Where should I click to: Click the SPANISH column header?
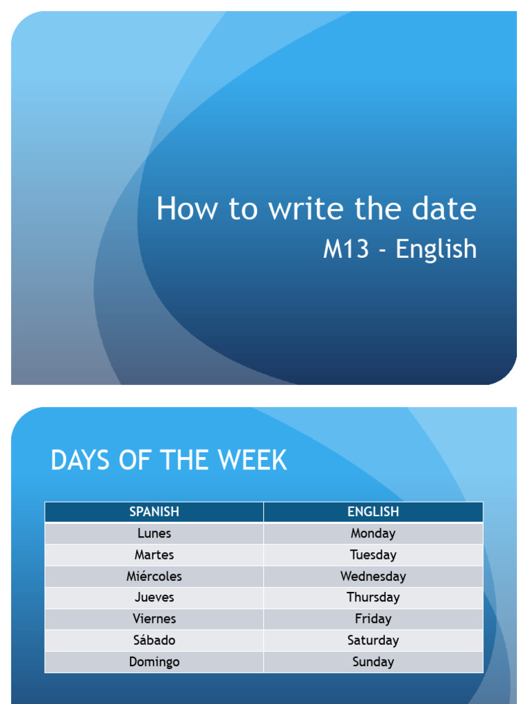click(x=154, y=511)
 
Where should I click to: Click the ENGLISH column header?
click(x=373, y=511)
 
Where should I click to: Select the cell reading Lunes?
click(x=154, y=533)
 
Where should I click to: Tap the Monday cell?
click(x=373, y=533)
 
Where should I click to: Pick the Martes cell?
click(x=154, y=554)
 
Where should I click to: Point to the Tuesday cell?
click(x=373, y=554)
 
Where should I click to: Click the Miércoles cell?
click(x=154, y=576)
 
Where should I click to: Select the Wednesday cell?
click(x=373, y=576)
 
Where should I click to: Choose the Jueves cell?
click(x=154, y=597)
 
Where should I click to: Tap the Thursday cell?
click(x=373, y=597)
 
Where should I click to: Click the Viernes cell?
click(x=154, y=619)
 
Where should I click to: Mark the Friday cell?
click(x=373, y=619)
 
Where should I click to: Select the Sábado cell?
click(x=154, y=640)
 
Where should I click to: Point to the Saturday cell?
click(x=373, y=640)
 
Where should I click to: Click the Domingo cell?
click(x=154, y=662)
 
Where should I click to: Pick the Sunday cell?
click(x=373, y=662)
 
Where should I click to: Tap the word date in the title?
click(x=444, y=208)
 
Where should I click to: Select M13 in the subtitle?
click(x=343, y=250)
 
